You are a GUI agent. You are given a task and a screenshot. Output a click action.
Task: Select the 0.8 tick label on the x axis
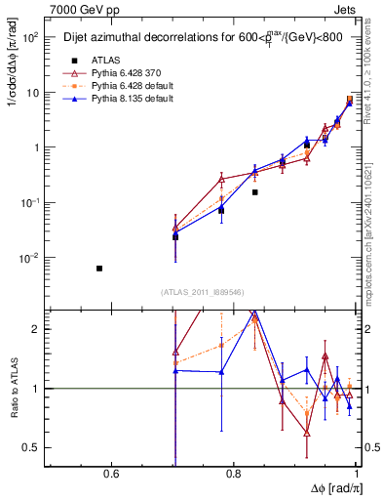[x=233, y=476]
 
